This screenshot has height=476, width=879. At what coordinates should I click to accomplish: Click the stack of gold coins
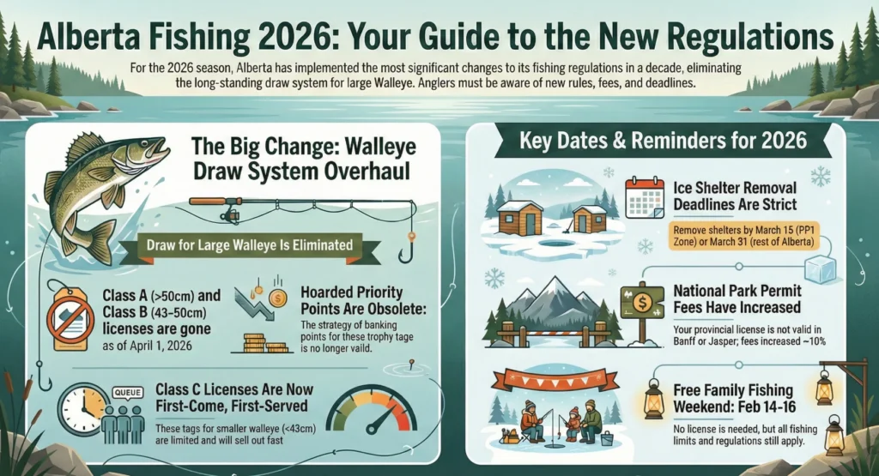tap(255, 344)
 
